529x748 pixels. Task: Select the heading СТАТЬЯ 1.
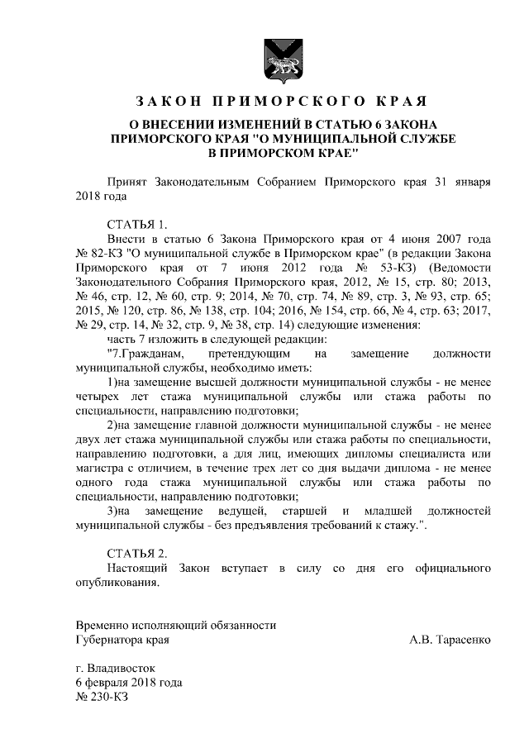click(137, 224)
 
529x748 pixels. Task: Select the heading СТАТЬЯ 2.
click(137, 553)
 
